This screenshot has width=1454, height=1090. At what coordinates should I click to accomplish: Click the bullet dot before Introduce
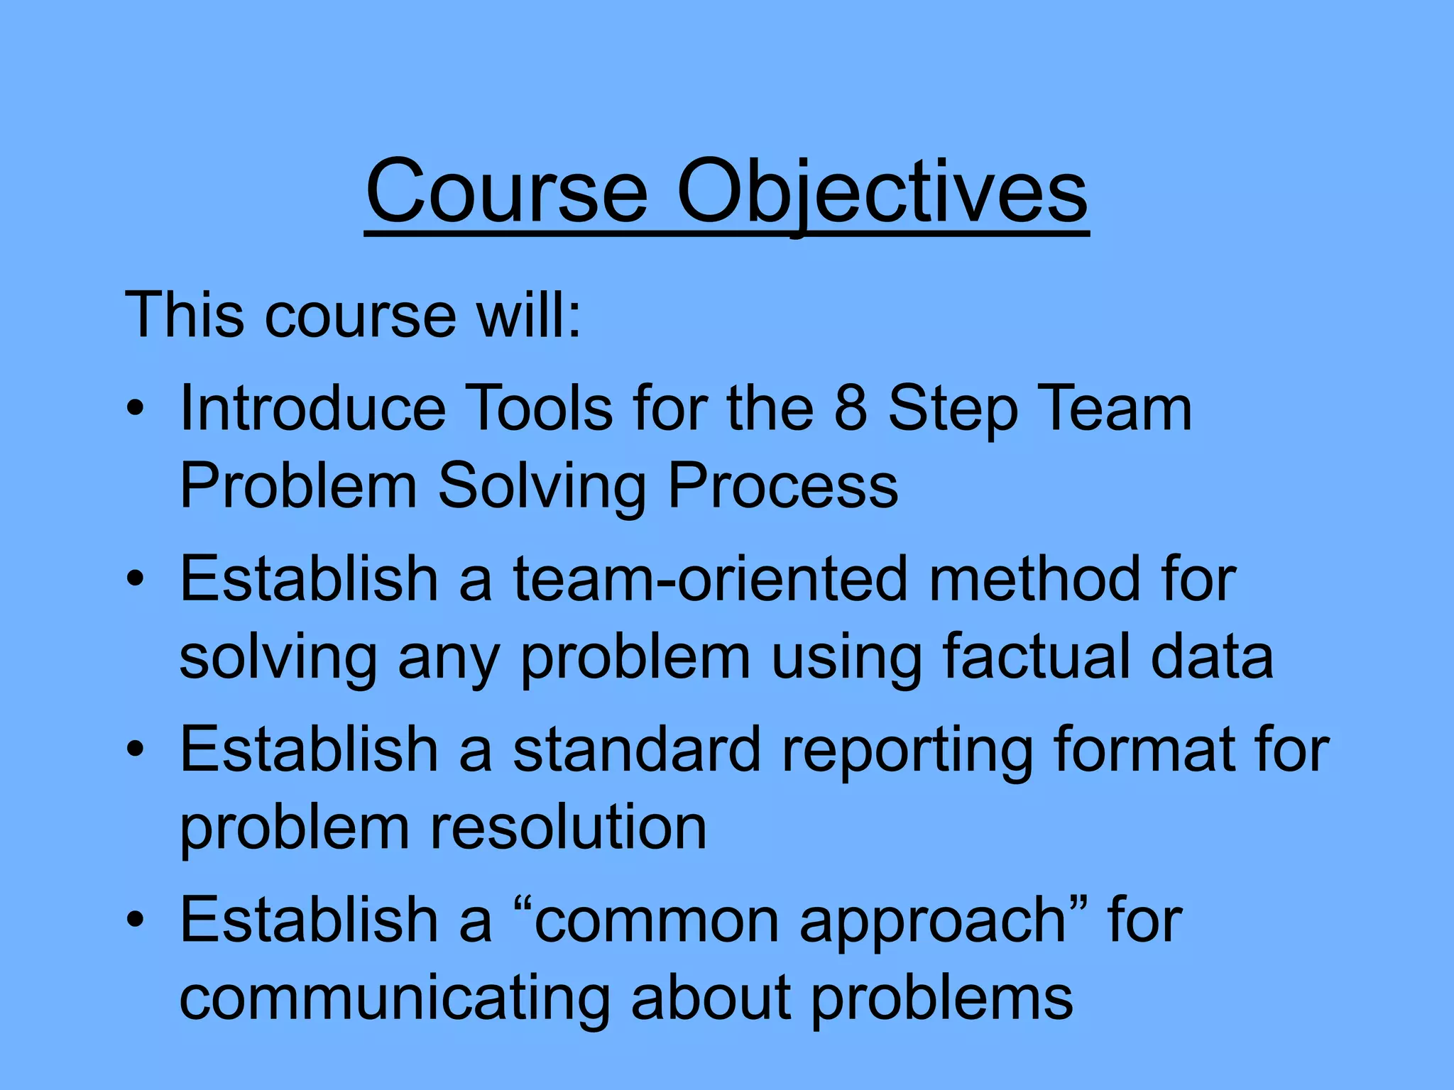tap(136, 409)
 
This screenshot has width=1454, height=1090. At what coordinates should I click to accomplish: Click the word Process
tap(783, 486)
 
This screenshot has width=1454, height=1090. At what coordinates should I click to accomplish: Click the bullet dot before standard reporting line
tap(136, 750)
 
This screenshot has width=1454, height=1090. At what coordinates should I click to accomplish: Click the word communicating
tap(394, 998)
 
